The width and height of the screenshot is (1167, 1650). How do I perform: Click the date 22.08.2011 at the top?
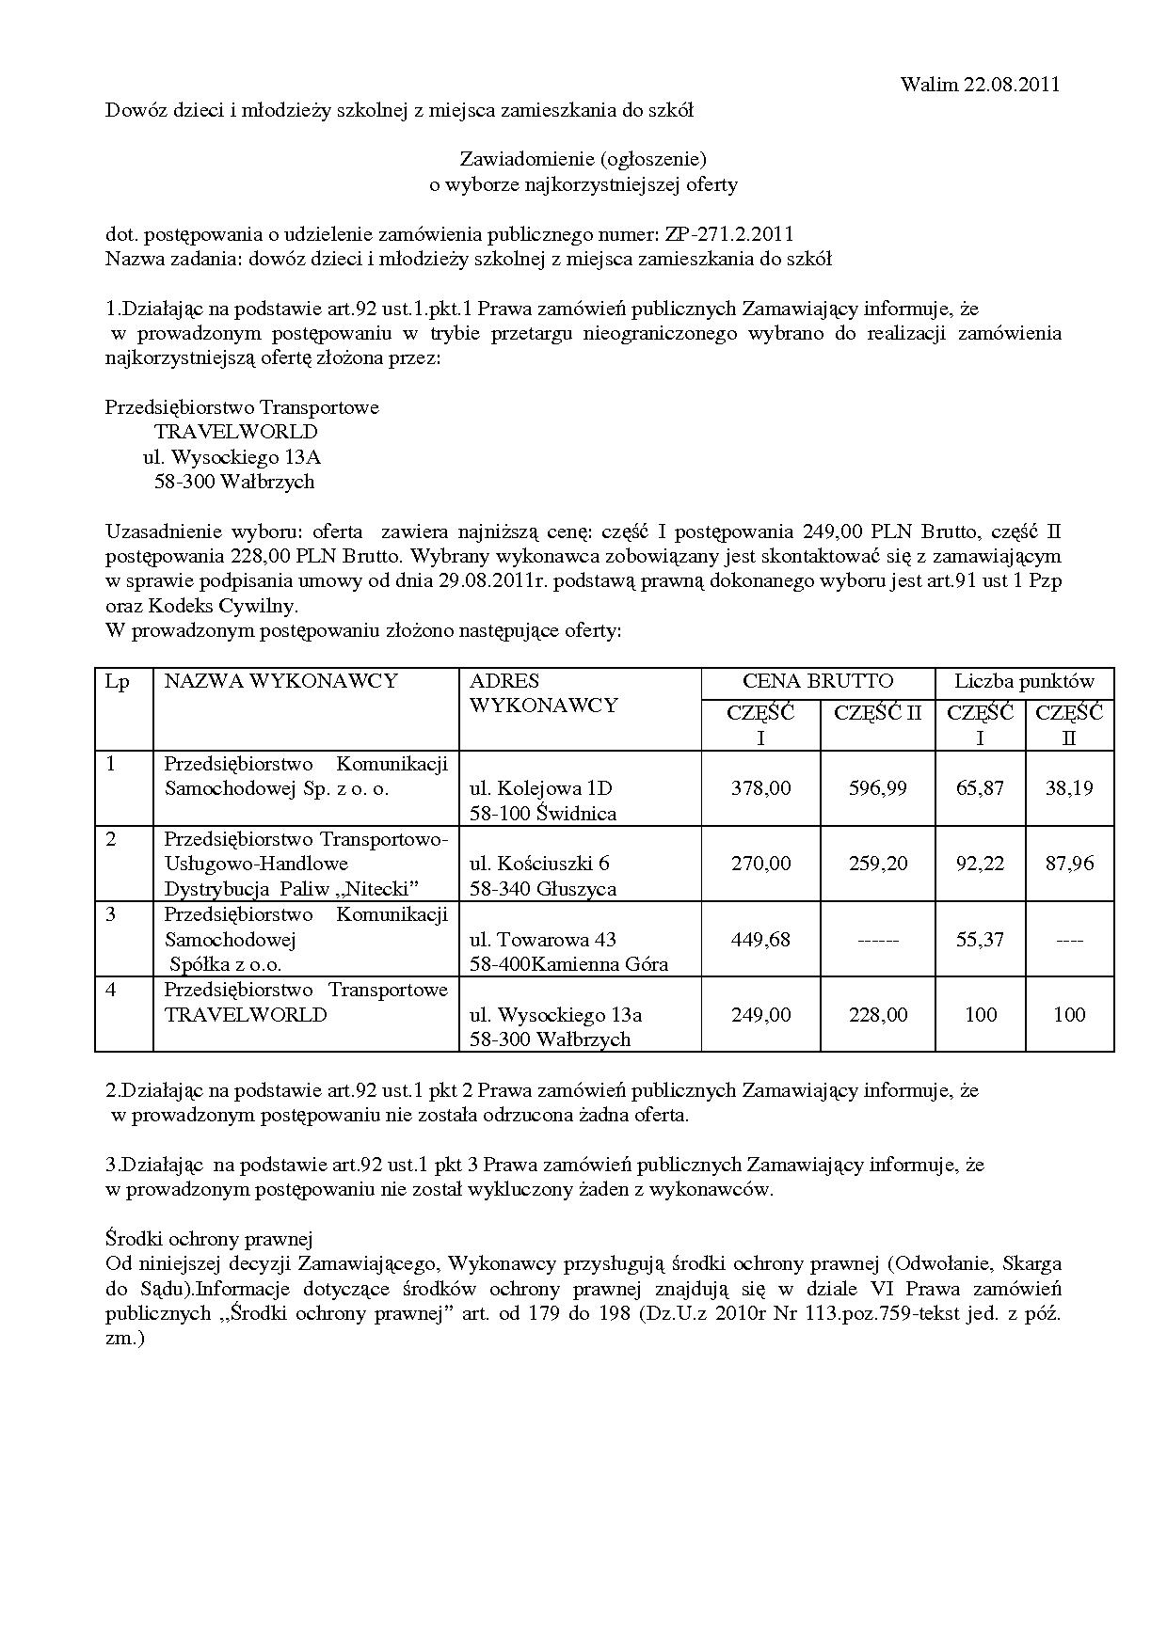click(1012, 85)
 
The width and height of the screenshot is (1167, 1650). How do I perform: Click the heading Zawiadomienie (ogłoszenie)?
click(583, 159)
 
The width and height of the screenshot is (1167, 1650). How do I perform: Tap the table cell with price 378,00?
click(760, 788)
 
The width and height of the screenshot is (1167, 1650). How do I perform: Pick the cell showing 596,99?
click(877, 788)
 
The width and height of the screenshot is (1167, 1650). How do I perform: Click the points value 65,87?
click(980, 788)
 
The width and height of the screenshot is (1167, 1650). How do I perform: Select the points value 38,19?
click(1069, 788)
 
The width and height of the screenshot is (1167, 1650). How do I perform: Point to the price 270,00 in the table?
click(760, 864)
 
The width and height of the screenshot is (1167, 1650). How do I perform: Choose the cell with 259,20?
click(877, 864)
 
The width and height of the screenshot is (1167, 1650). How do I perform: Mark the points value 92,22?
click(980, 864)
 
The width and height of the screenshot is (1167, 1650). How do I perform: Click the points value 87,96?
click(1069, 864)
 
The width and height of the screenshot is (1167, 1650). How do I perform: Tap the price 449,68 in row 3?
click(760, 939)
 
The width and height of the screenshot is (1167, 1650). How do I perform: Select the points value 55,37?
click(980, 939)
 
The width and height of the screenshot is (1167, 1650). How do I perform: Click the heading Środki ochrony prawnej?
click(208, 1239)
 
